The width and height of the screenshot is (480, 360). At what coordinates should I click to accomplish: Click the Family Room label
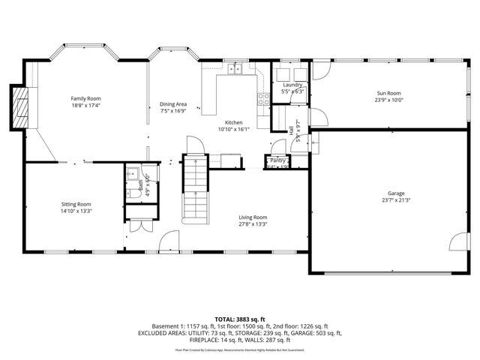(85, 98)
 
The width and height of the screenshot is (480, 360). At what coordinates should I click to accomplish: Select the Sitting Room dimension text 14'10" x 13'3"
(76, 211)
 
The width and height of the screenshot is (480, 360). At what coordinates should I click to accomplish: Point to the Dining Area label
(173, 104)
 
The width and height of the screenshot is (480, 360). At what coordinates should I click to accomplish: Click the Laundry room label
(292, 85)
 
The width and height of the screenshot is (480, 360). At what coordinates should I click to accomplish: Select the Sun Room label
(389, 93)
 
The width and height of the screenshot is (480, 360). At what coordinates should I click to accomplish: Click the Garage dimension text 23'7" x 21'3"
(395, 199)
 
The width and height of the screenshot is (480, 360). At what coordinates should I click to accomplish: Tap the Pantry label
(278, 160)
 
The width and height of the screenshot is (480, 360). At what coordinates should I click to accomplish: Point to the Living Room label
(253, 217)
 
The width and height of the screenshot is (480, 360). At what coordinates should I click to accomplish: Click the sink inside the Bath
(132, 171)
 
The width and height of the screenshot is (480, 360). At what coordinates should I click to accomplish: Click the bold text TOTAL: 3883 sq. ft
(240, 319)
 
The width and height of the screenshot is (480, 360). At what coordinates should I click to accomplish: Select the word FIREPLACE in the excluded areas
(155, 340)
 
